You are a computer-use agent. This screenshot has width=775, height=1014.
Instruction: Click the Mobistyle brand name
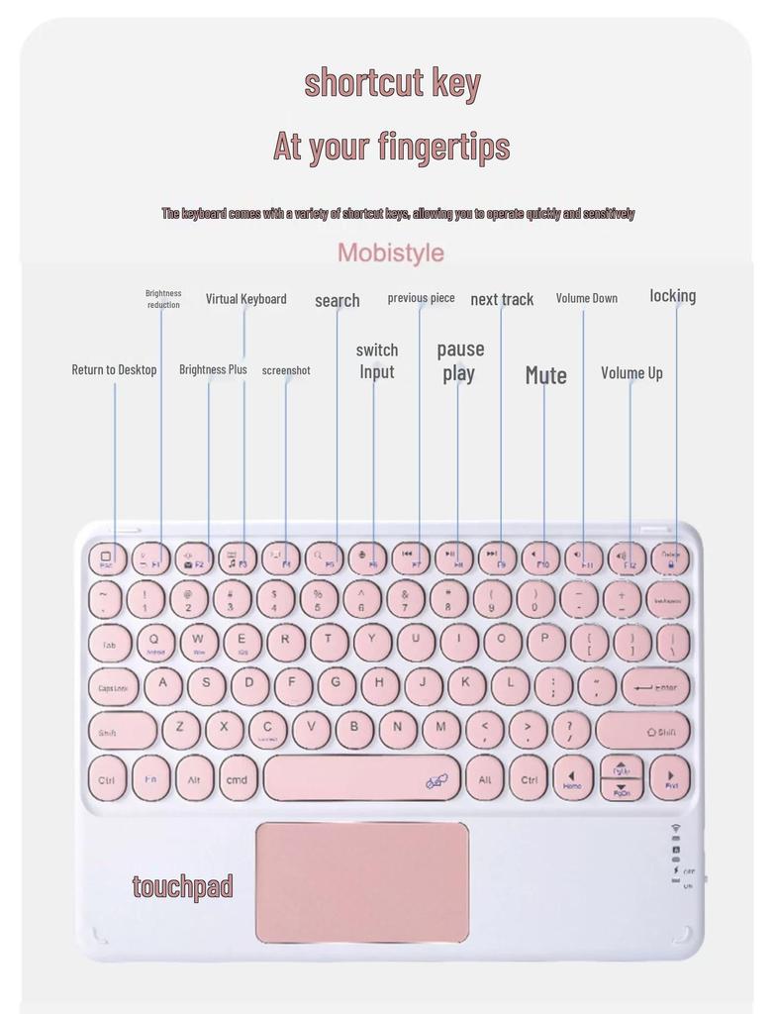pyautogui.click(x=390, y=253)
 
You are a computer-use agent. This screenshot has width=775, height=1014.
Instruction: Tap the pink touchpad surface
pyautogui.click(x=362, y=881)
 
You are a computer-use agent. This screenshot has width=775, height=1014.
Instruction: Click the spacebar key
pyautogui.click(x=361, y=778)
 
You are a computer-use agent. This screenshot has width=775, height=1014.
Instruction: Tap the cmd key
pyautogui.click(x=238, y=779)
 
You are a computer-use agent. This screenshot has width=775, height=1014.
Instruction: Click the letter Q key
pyautogui.click(x=154, y=642)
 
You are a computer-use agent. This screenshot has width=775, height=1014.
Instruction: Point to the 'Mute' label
pyautogui.click(x=545, y=375)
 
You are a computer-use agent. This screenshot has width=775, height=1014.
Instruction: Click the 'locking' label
pyautogui.click(x=672, y=295)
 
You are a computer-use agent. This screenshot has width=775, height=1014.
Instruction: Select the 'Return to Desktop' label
pyautogui.click(x=114, y=369)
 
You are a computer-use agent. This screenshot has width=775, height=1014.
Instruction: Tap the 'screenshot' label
pyautogui.click(x=286, y=370)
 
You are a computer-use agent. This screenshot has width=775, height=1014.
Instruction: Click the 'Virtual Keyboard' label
pyautogui.click(x=245, y=298)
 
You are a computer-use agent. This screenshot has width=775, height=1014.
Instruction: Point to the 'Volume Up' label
pyautogui.click(x=631, y=372)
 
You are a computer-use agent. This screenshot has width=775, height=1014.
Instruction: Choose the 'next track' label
pyautogui.click(x=502, y=299)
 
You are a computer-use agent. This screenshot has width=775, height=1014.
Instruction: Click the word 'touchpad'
pyautogui.click(x=183, y=886)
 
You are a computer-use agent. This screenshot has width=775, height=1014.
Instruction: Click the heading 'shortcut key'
pyautogui.click(x=392, y=83)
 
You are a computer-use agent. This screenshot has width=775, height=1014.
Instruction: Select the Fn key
pyautogui.click(x=151, y=778)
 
